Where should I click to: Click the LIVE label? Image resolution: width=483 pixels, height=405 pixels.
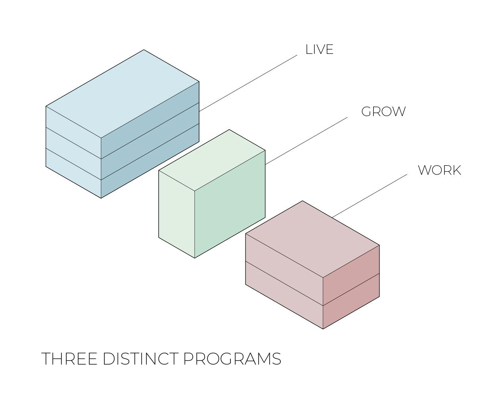coord(319,50)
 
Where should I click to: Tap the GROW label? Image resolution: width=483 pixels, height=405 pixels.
coord(383,112)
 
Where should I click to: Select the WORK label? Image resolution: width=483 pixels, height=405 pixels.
coord(439,170)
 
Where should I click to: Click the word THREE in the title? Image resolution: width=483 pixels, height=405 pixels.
coord(69,359)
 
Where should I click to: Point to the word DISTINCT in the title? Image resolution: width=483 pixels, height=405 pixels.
coord(140,359)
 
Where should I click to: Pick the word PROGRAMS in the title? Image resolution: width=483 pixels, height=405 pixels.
coord(232,359)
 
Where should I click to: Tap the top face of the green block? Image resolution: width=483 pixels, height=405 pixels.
coord(212,160)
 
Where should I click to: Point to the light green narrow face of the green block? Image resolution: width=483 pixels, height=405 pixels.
coord(176,214)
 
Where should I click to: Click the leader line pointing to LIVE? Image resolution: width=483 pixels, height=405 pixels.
coord(248,83)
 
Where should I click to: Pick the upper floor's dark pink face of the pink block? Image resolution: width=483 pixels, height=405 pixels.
coord(351,275)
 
